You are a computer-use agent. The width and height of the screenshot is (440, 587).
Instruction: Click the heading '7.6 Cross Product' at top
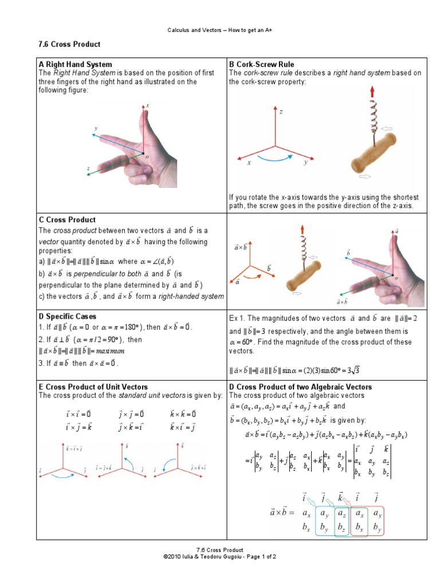[68, 44]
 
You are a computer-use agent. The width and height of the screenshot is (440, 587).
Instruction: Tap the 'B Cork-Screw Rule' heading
[261, 64]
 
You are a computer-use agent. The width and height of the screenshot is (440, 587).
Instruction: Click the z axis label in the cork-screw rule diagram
[281, 112]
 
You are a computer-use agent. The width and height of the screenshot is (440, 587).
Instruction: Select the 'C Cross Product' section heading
[67, 220]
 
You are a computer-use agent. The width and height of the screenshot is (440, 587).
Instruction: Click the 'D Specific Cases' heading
[68, 316]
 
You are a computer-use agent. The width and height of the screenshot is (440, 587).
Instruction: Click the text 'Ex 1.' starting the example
[238, 318]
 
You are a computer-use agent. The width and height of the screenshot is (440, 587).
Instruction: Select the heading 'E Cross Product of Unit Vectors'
[93, 387]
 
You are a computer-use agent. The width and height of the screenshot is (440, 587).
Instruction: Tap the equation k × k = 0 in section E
[183, 414]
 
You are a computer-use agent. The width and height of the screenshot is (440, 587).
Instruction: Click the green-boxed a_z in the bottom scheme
[341, 512]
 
